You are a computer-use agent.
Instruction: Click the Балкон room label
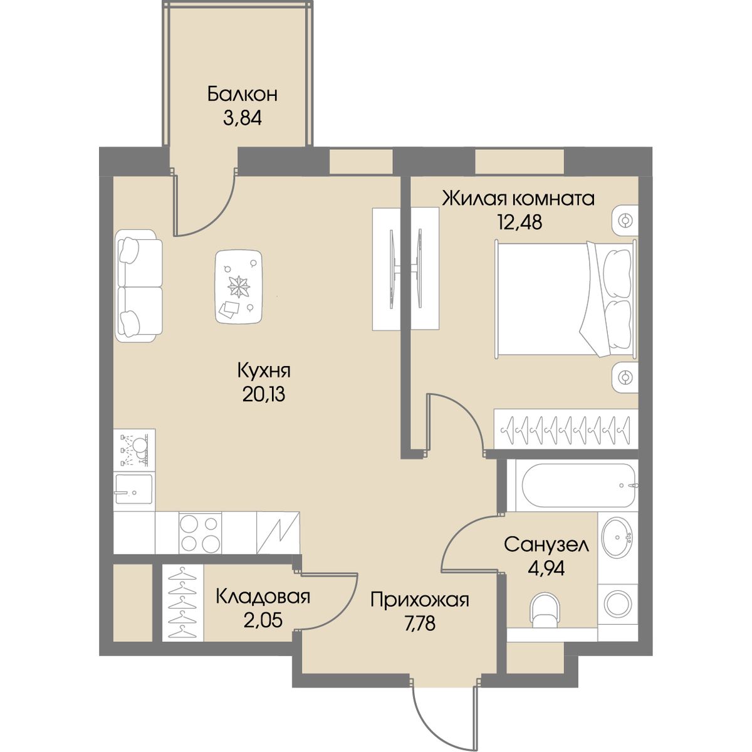click(242, 95)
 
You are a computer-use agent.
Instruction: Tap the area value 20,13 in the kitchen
click(264, 395)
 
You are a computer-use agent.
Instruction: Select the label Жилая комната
click(518, 199)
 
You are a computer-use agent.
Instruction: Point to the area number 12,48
click(520, 222)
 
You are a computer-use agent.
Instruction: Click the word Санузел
click(546, 545)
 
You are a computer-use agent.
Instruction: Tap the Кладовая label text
click(263, 597)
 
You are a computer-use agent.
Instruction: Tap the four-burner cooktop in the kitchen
click(200, 532)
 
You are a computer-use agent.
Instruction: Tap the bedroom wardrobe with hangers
click(566, 429)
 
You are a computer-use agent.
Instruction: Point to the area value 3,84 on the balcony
click(242, 118)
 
